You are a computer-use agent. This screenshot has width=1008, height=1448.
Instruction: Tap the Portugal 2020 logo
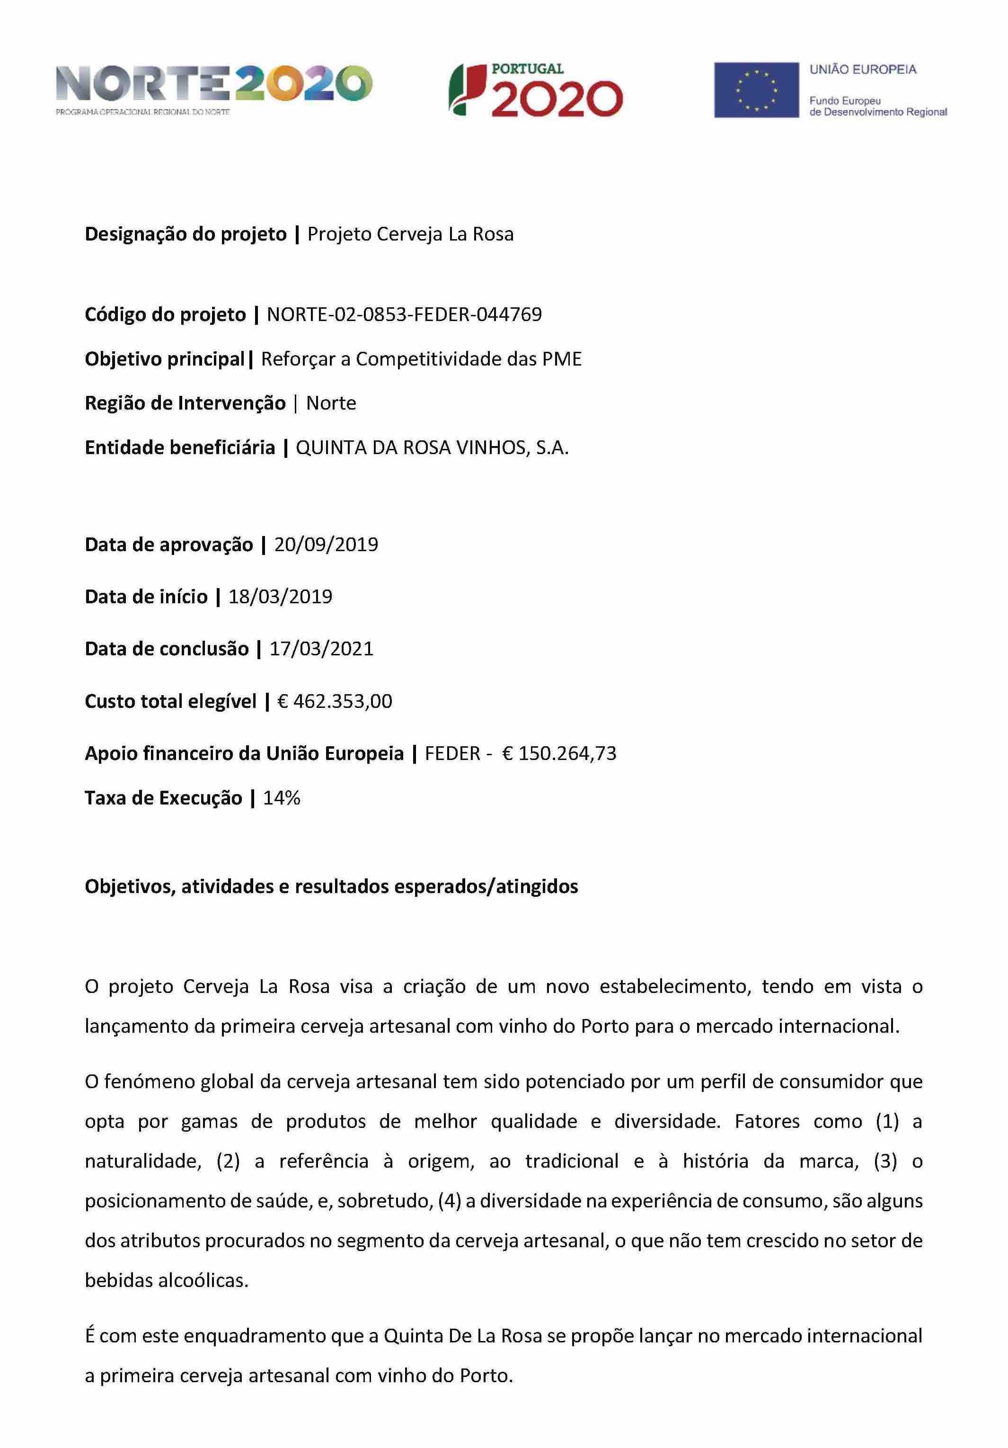pos(535,89)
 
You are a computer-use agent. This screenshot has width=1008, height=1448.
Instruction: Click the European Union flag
pos(756,89)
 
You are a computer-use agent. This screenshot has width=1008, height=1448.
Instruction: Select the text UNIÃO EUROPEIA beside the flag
pos(862,70)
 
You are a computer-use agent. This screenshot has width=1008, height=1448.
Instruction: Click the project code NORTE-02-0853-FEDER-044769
pos(404,314)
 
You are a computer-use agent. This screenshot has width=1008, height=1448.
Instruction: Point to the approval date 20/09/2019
pos(326,544)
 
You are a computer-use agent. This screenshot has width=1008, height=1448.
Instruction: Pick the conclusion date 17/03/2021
pos(321,649)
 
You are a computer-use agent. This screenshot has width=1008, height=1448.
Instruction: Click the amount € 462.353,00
pos(335,701)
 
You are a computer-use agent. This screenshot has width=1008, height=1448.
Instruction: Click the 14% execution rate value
pos(281,798)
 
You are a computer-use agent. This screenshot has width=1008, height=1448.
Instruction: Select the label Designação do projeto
pos(186,234)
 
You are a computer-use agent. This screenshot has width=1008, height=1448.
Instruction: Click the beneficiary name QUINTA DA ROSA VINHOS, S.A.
pos(432,448)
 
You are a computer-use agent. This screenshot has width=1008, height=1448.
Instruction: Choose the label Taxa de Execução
pos(163,798)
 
